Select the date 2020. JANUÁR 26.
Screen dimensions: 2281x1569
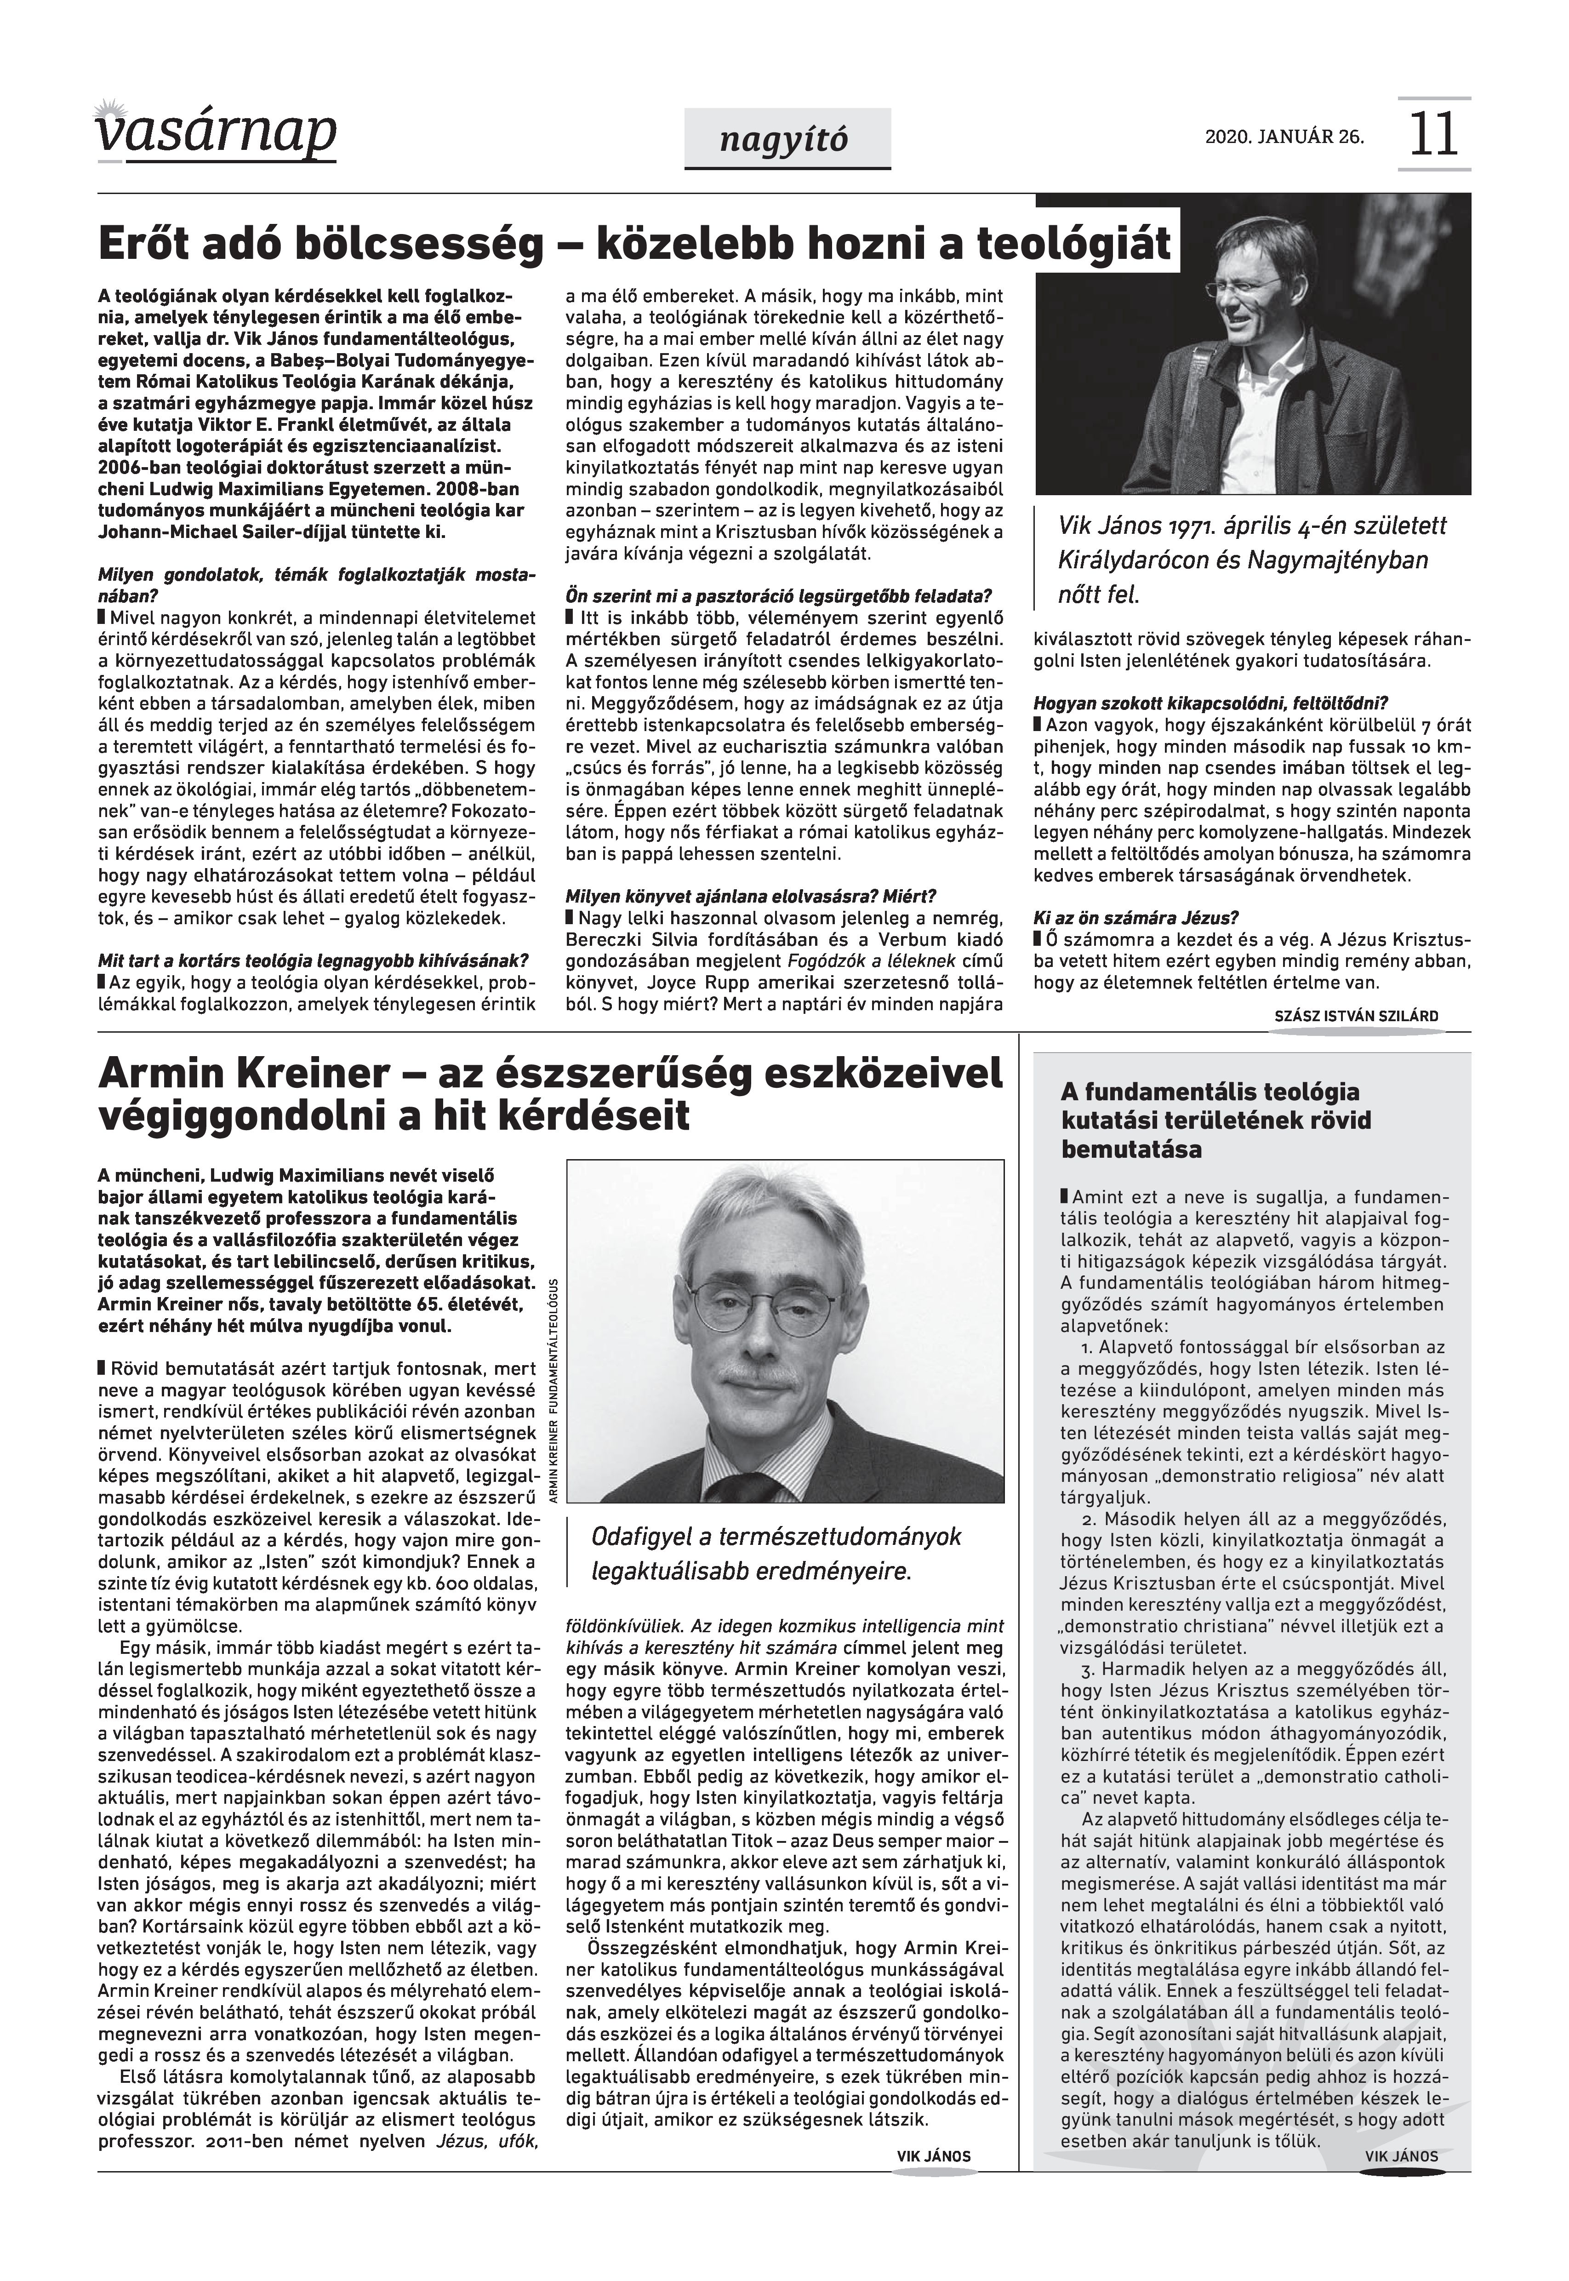[1284, 137]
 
